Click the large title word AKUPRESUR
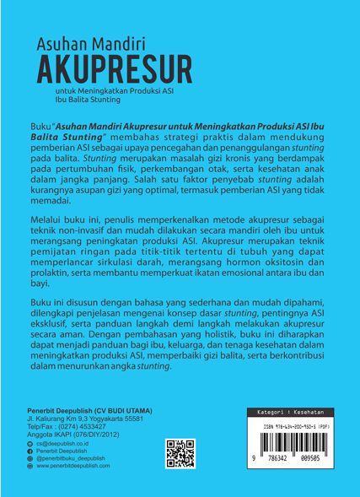[113, 65]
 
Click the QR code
[180, 453]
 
